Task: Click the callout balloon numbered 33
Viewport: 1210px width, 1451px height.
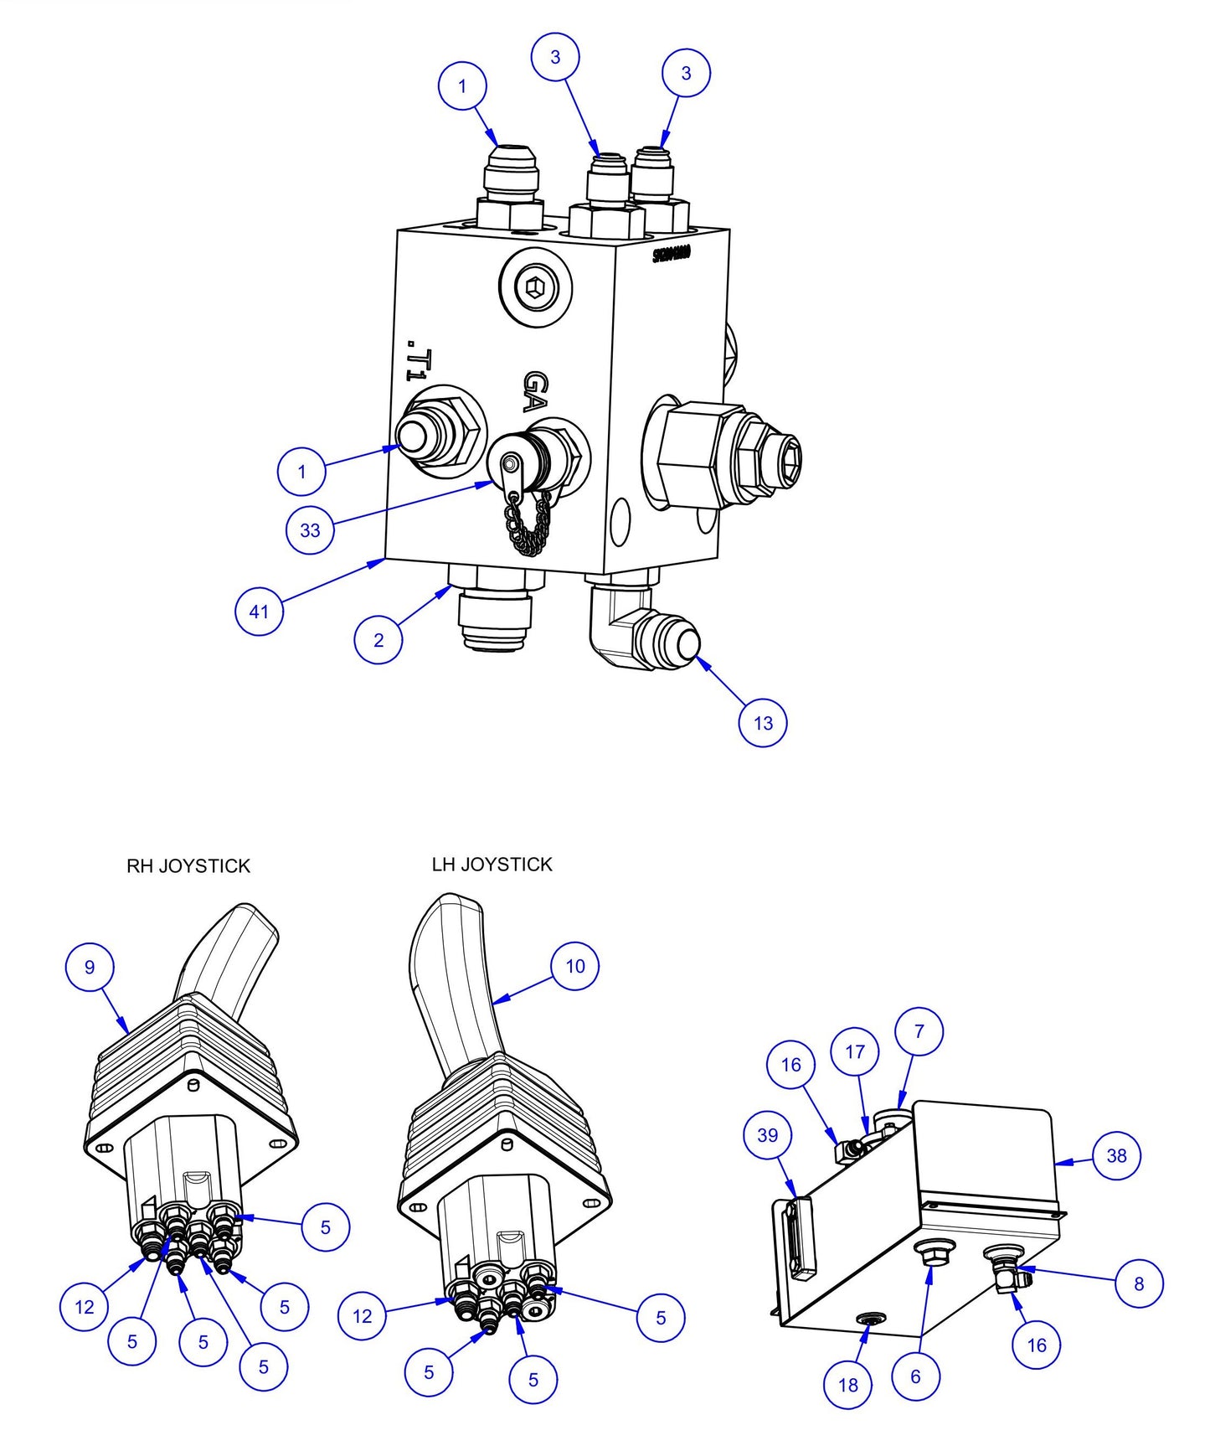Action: [310, 529]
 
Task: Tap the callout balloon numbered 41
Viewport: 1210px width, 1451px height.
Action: [259, 611]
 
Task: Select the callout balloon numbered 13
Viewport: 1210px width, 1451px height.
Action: [763, 722]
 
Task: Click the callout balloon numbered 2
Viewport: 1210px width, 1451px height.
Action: [378, 639]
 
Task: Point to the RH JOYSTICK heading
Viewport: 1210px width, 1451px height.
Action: [188, 865]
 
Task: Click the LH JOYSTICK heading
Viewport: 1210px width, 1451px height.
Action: [492, 864]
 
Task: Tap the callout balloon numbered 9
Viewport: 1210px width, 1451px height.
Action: [90, 967]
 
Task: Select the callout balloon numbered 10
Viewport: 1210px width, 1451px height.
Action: [575, 966]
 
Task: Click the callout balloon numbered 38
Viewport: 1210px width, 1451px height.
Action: [1116, 1155]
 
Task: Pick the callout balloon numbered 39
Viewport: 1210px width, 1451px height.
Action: [767, 1135]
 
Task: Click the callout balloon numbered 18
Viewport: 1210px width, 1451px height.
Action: [847, 1385]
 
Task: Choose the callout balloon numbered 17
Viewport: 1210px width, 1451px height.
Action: [855, 1051]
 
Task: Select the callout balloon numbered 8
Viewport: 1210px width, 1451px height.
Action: [1139, 1283]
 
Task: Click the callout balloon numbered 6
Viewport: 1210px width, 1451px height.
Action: [915, 1376]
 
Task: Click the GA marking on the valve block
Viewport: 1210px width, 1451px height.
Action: [536, 391]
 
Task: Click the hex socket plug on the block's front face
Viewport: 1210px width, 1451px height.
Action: [535, 289]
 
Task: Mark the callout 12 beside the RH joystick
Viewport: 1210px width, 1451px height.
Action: [85, 1306]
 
